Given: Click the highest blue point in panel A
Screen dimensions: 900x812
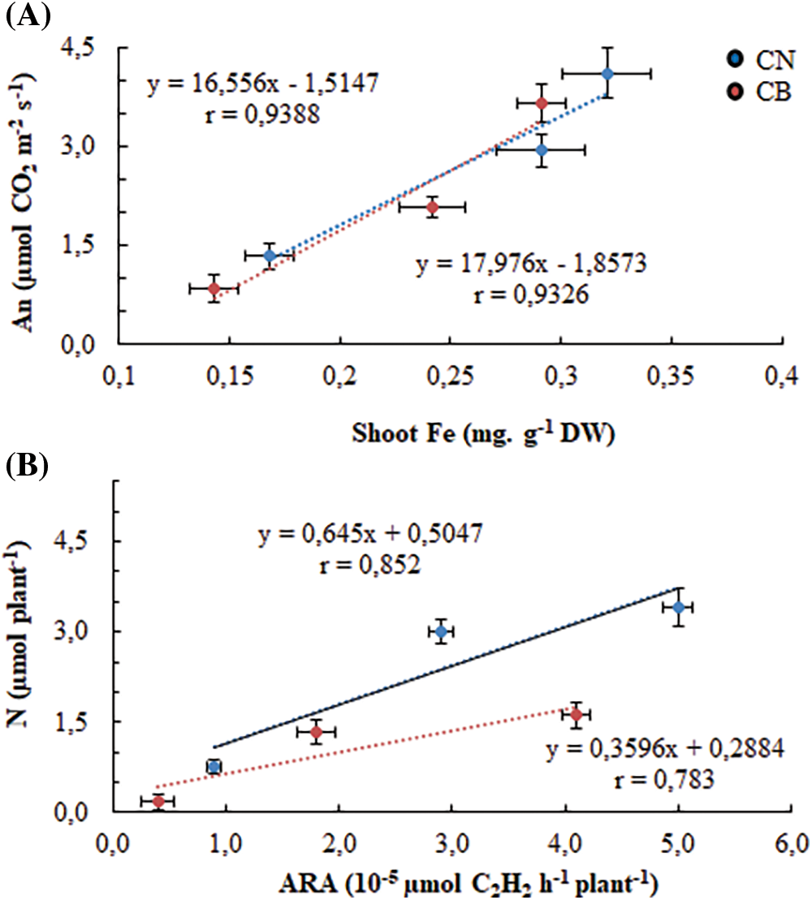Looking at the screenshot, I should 607,74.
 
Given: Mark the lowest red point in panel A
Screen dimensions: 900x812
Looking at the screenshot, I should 214,288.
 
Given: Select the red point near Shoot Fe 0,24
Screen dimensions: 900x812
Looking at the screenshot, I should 433,207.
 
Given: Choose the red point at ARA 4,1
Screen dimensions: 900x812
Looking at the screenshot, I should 576,714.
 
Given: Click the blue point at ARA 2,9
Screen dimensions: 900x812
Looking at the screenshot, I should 441,631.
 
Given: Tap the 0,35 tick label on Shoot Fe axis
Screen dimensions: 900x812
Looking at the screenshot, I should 672,380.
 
